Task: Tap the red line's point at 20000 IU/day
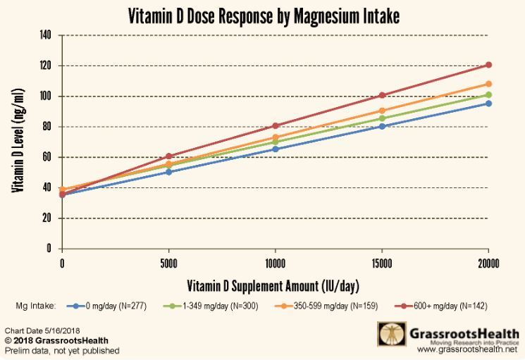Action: (488, 65)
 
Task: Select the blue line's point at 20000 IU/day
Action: (488, 104)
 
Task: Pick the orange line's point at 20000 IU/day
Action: (488, 84)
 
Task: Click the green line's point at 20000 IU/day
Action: (488, 94)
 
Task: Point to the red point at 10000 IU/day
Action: (275, 126)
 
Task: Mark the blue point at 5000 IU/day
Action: (168, 172)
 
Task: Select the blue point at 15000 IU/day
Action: (382, 126)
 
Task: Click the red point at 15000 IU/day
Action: (382, 95)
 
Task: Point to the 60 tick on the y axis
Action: (49, 157)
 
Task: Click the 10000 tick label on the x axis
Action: (275, 264)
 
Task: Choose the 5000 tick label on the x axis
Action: (168, 264)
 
